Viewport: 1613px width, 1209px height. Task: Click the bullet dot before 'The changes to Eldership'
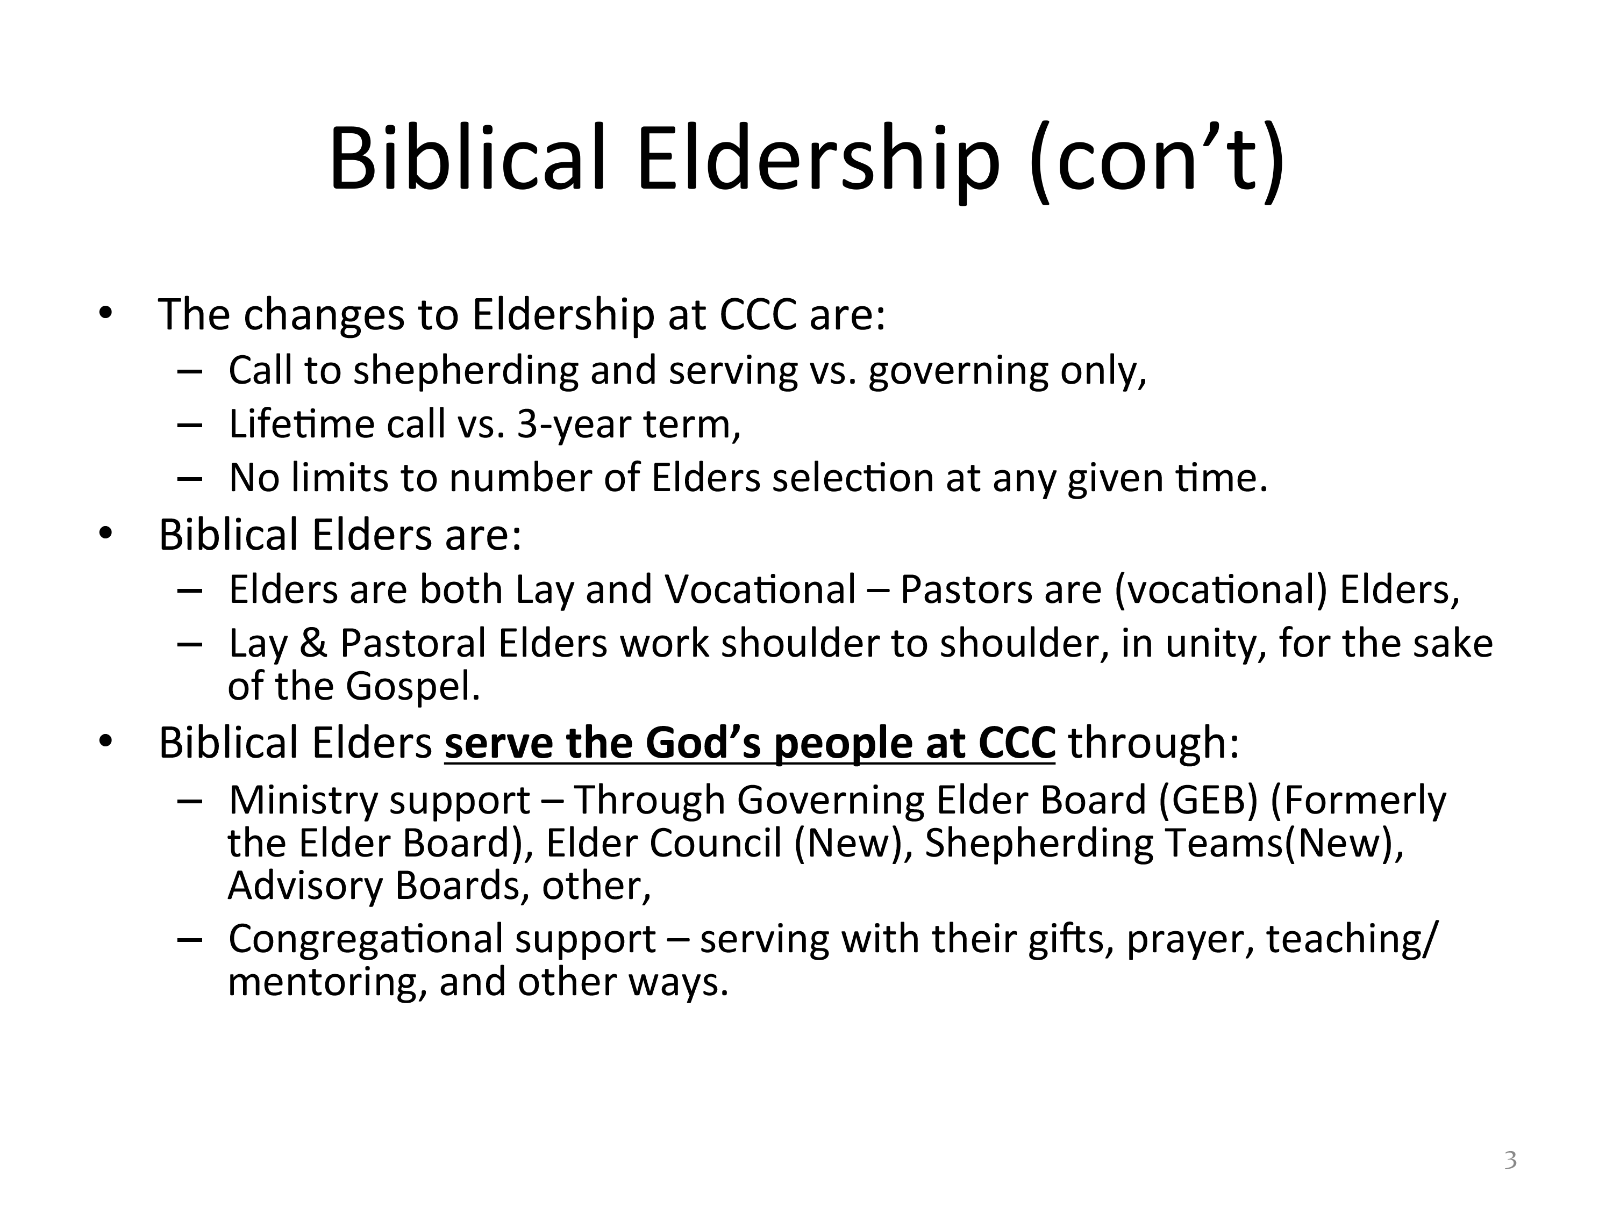coord(106,313)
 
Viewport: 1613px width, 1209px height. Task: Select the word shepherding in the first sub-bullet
coord(466,371)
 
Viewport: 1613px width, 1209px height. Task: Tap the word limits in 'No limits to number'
coord(339,478)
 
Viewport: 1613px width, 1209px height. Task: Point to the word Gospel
coord(413,687)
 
